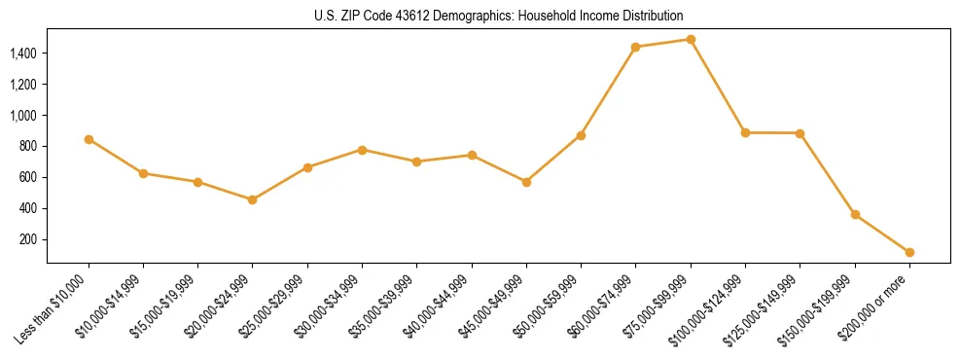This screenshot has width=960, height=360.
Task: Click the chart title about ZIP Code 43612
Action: pyautogui.click(x=499, y=16)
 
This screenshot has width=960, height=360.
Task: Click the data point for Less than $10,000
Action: pyautogui.click(x=89, y=139)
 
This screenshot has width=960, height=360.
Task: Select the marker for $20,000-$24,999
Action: pyautogui.click(x=253, y=199)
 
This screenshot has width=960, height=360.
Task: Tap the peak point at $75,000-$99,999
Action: pyautogui.click(x=691, y=40)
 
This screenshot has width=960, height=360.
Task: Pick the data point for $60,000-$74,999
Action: pyautogui.click(x=635, y=47)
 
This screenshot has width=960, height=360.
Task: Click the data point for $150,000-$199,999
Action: pyautogui.click(x=855, y=214)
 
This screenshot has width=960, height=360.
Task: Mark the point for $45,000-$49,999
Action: pyautogui.click(x=526, y=182)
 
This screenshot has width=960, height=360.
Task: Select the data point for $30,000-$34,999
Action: pyautogui.click(x=362, y=150)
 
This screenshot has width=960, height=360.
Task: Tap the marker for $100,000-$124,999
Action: pyautogui.click(x=745, y=132)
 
